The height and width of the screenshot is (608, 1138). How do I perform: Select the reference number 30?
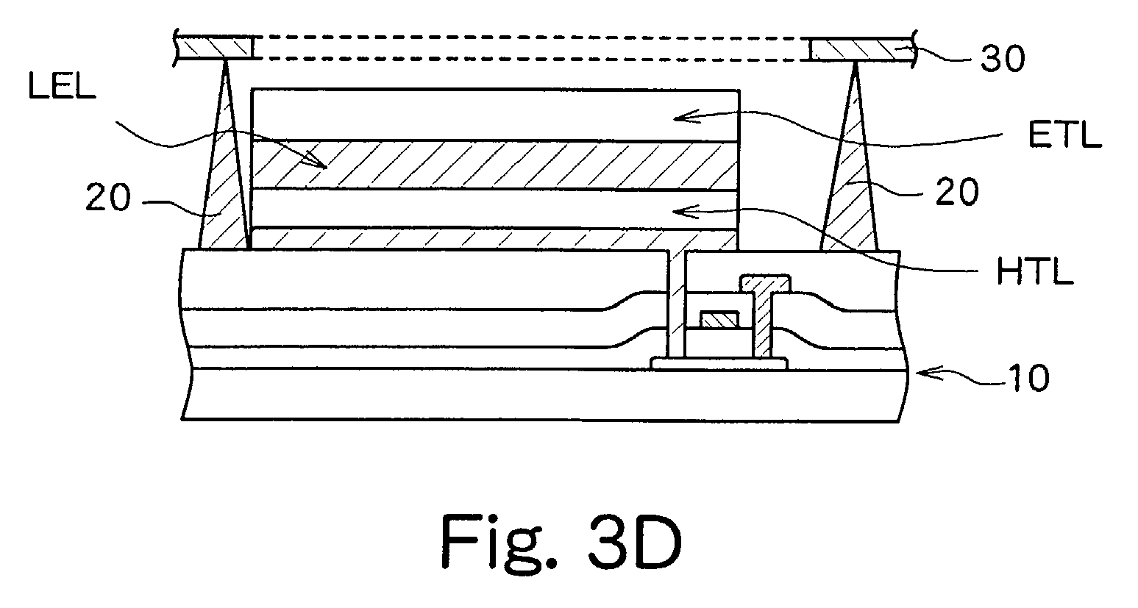coord(1002,60)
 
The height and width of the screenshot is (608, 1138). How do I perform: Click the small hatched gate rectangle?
coord(718,320)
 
